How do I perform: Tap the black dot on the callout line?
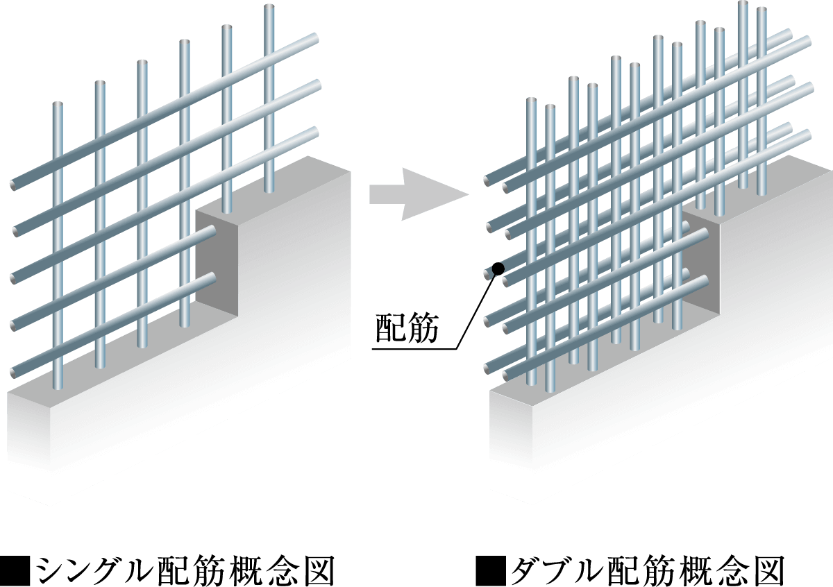pos(498,268)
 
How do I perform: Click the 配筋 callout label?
pos(407,328)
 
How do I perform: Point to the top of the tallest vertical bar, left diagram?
pos(269,7)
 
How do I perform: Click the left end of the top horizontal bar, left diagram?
pos(13,185)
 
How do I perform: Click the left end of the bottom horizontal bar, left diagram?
pos(14,372)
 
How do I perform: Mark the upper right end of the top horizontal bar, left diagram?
pos(316,37)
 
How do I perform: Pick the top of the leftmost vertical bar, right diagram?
pos(532,101)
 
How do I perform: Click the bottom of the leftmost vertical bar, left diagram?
pos(58,387)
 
